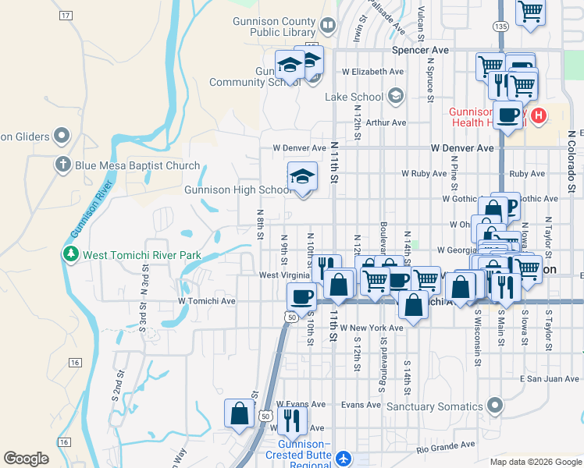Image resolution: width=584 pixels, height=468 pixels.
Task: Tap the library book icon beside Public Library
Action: pos(328,27)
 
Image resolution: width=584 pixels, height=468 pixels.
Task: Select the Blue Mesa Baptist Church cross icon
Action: pos(62,165)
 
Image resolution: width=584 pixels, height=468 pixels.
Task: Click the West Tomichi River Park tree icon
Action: pos(71,255)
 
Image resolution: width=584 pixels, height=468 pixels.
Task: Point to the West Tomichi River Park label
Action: pos(142,255)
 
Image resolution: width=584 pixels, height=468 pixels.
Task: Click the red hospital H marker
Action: pos(537,116)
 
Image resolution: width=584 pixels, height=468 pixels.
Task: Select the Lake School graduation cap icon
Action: pos(396,96)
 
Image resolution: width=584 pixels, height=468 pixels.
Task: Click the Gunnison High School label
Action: pos(238,190)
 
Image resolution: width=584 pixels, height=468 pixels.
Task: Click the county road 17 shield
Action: pos(65,16)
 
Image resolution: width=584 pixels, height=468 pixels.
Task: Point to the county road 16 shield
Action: pos(75,363)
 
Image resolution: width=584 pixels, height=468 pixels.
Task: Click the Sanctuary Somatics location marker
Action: pos(494,406)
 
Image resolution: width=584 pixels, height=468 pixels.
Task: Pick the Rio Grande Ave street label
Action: pos(445,446)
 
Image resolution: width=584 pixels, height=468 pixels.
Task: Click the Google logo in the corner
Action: pos(27,459)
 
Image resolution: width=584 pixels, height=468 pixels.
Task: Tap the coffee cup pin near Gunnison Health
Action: pos(507,116)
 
